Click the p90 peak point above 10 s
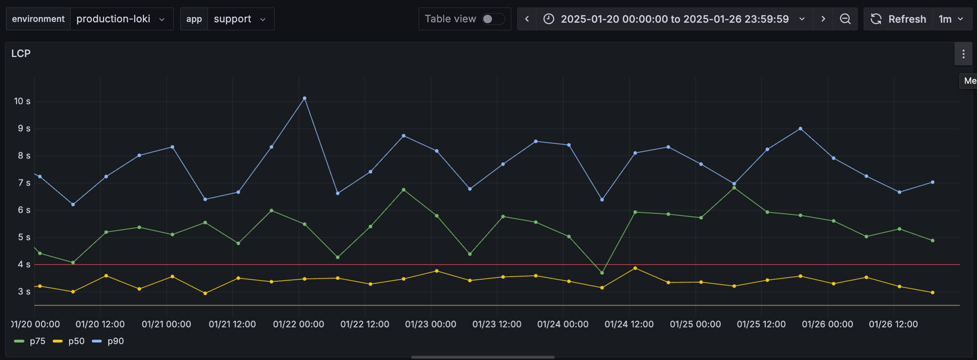tap(304, 98)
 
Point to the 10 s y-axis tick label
tap(22, 101)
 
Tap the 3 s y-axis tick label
tap(24, 292)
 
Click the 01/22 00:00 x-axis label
tap(299, 324)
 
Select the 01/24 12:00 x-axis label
tap(629, 324)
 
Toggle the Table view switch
tap(493, 19)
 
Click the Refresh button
tap(898, 19)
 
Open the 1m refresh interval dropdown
tap(951, 19)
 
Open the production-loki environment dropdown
tap(121, 19)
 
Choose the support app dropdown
tap(240, 19)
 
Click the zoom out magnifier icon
tap(845, 19)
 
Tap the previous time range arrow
tap(526, 19)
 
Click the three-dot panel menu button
tap(963, 54)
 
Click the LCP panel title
tap(21, 53)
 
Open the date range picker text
tap(675, 19)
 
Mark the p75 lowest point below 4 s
tap(602, 273)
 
